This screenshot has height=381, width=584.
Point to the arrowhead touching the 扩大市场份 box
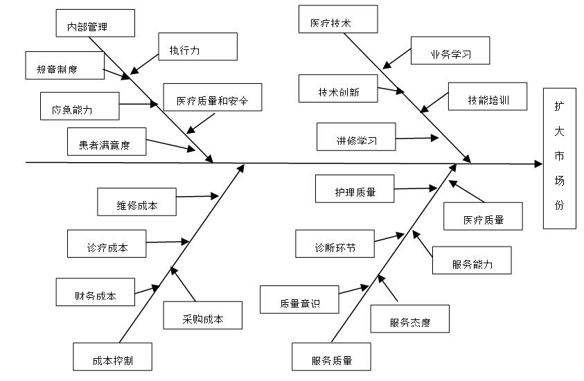[x=539, y=164]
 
